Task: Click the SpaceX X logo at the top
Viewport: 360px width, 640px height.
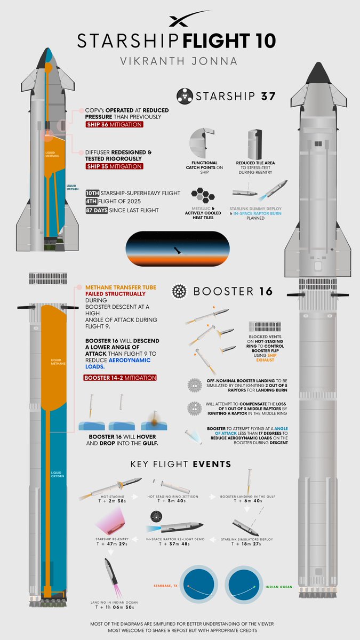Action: (x=180, y=19)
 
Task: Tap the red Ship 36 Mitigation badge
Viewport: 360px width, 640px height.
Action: (x=114, y=125)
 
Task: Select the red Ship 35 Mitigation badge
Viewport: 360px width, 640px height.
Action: (x=114, y=166)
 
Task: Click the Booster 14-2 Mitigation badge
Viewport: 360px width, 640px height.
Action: (x=119, y=378)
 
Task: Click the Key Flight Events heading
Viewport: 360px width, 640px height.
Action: (x=180, y=464)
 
